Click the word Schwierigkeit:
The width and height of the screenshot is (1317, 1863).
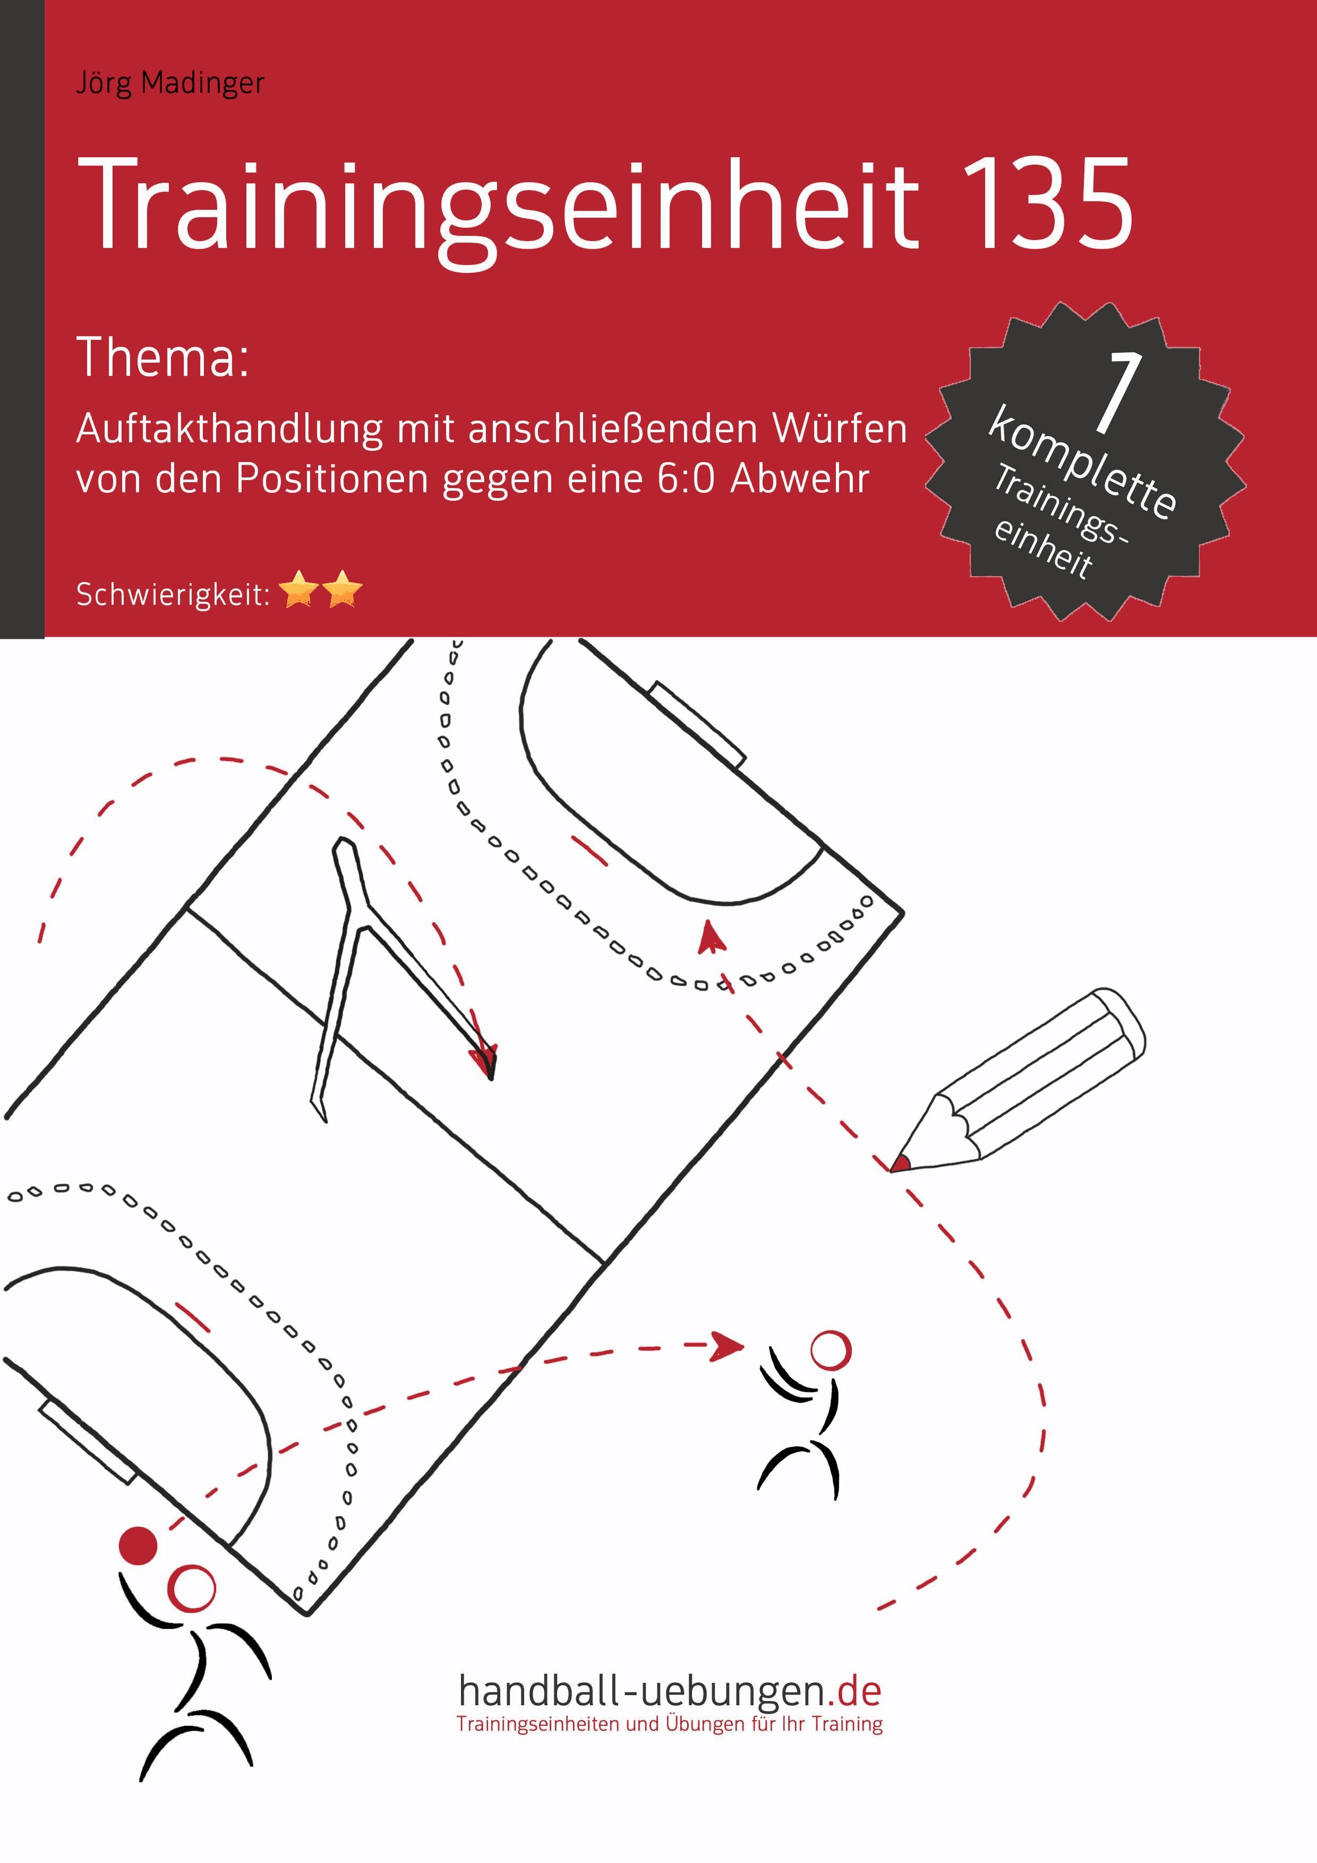[x=173, y=595]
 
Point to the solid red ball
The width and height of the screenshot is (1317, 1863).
[x=138, y=1545]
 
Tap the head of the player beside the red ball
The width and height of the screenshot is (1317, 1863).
[x=192, y=1588]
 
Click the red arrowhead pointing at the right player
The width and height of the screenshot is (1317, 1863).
[x=727, y=1345]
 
